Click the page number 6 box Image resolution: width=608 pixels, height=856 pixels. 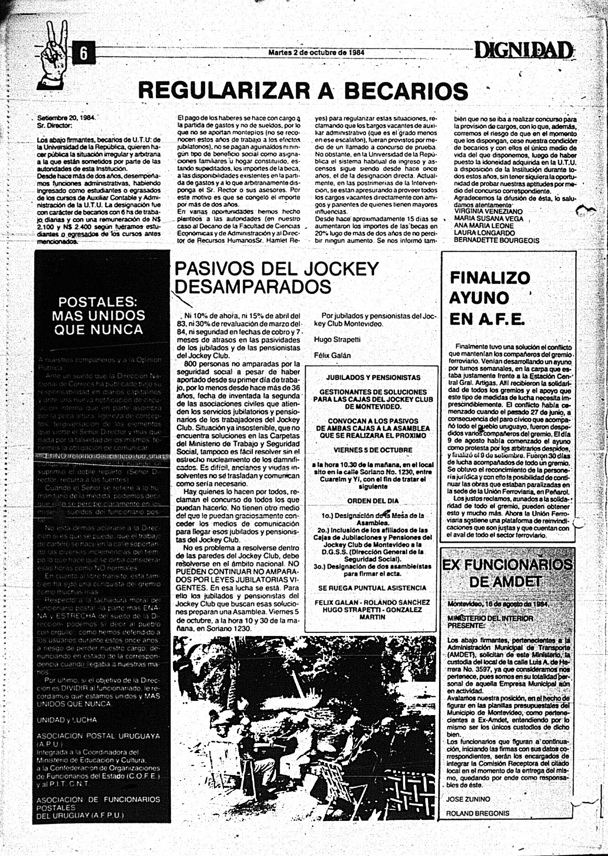tap(84, 53)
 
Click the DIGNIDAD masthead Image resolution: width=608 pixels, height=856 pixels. tap(523, 50)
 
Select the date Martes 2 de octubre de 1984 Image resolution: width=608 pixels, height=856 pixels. tap(316, 52)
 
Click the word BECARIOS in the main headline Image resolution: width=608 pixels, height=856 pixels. tap(406, 90)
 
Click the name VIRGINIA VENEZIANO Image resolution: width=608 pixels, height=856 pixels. tap(488, 211)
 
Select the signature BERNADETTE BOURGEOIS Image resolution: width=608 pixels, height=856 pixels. tap(496, 240)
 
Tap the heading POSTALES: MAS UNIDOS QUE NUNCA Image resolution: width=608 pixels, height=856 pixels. tap(98, 315)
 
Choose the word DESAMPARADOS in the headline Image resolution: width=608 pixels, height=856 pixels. tap(253, 287)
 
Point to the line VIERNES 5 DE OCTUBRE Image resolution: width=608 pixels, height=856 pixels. tap(372, 450)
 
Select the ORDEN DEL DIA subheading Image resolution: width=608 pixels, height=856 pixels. tap(372, 501)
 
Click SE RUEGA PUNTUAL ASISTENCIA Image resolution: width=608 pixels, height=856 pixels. tap(372, 587)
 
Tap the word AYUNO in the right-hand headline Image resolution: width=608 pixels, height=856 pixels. tap(479, 298)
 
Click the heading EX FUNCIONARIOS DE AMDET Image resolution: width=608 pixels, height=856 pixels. tap(506, 573)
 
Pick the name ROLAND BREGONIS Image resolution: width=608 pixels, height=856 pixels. tap(478, 813)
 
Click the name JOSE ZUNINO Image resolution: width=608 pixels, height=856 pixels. tap(468, 799)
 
